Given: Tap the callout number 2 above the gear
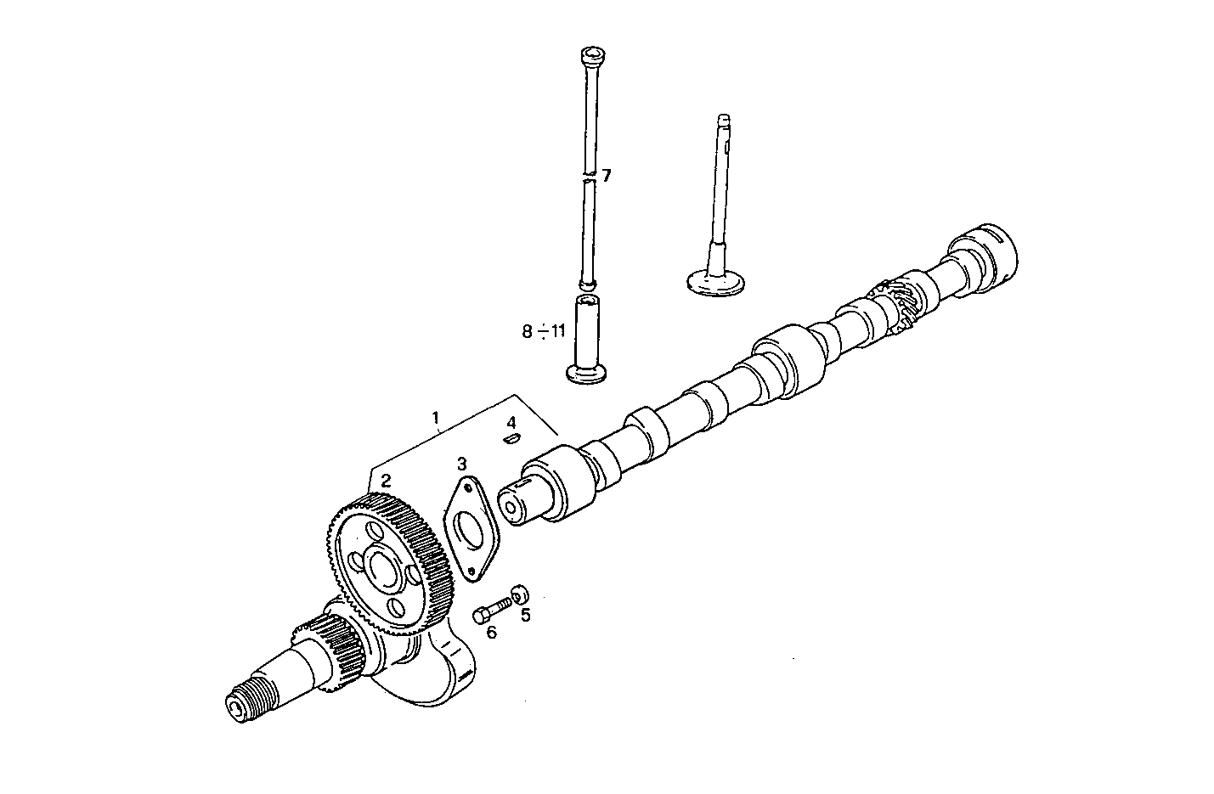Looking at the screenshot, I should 386,481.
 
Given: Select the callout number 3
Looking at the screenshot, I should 461,464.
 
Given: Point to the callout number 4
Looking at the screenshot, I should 511,422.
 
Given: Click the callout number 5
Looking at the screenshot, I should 525,615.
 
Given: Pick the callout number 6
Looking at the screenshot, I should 491,631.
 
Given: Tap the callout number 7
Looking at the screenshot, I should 607,176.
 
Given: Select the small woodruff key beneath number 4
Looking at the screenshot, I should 511,438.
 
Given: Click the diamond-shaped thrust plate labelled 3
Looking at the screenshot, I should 470,532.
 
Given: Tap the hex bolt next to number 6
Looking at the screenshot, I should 490,608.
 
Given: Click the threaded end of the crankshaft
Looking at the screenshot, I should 251,698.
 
